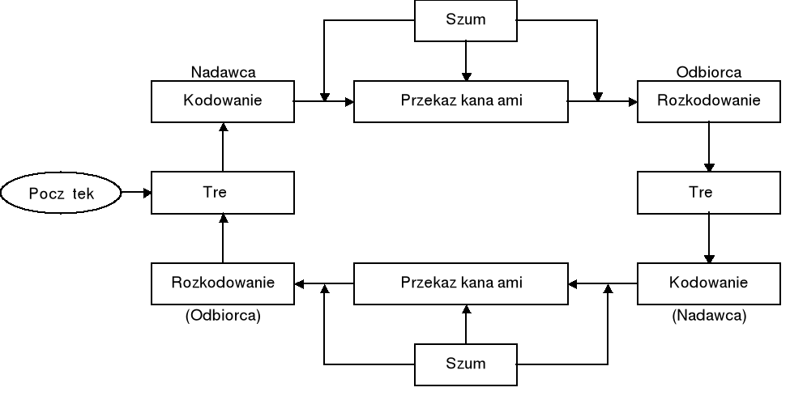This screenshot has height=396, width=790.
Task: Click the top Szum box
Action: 465,20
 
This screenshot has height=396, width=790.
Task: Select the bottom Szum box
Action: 465,364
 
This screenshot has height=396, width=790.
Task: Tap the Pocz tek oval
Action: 62,193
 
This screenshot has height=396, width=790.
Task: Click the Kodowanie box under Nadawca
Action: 222,101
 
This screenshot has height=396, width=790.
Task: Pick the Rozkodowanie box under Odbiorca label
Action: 708,101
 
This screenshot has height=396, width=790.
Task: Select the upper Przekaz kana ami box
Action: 461,101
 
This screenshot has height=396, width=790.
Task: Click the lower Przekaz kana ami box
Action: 461,283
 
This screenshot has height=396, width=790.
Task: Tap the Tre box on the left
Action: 222,193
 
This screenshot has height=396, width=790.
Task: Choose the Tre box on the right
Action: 708,193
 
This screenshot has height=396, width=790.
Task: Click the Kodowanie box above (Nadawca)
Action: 708,283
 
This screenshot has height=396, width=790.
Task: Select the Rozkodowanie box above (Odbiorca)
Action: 222,283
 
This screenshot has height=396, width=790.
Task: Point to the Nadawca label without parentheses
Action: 223,72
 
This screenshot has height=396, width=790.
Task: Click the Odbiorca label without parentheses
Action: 708,72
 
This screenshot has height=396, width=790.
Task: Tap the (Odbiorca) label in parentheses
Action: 223,316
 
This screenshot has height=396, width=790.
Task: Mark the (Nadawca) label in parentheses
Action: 708,316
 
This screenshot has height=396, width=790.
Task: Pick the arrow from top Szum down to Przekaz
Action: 466,61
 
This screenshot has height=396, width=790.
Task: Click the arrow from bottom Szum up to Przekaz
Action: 466,323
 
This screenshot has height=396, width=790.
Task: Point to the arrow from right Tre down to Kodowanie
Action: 709,238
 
